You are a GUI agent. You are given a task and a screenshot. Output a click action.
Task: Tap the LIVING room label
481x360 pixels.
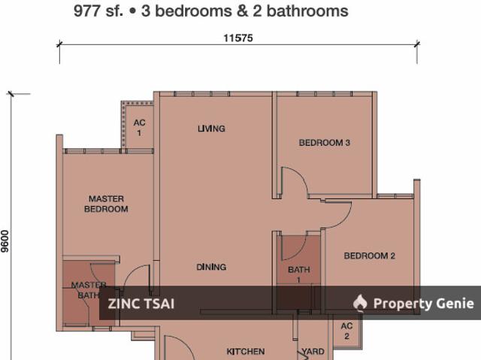(211, 129)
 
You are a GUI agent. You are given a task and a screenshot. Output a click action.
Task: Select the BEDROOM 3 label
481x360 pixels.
(325, 143)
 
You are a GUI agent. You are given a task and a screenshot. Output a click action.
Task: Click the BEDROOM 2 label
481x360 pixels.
(369, 256)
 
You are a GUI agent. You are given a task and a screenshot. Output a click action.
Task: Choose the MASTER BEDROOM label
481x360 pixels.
(106, 204)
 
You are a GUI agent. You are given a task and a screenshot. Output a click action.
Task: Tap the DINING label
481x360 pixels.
(211, 267)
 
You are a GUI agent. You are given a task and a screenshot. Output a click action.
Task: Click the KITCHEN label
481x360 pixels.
(246, 352)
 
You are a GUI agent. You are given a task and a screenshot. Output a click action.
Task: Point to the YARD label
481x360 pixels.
(313, 352)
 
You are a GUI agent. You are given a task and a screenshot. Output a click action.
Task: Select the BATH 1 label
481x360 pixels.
(295, 275)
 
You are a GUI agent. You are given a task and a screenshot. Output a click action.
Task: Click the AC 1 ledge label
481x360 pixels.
(139, 128)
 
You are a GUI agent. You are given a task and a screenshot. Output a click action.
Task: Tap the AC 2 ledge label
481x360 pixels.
(346, 331)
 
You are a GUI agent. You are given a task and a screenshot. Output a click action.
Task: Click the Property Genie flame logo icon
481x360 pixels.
(360, 303)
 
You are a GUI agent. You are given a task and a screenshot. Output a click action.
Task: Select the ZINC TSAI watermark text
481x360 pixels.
(141, 304)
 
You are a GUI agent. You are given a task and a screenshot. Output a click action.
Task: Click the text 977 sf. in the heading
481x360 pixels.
(95, 11)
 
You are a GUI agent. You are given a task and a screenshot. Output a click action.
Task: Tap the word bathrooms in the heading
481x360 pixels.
(312, 11)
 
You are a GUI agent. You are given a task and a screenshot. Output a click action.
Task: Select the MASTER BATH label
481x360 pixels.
(89, 290)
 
